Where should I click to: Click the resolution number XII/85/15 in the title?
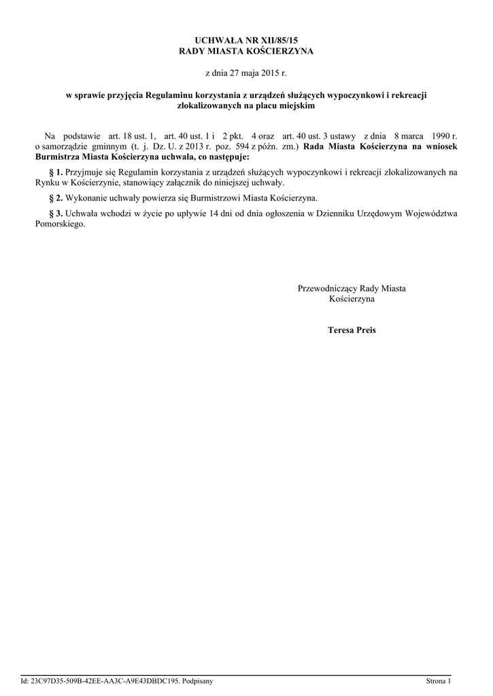coord(278,41)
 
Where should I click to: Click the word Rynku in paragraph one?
coord(47,183)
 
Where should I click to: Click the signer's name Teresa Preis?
coord(352,330)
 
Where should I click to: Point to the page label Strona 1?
coord(438,680)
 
